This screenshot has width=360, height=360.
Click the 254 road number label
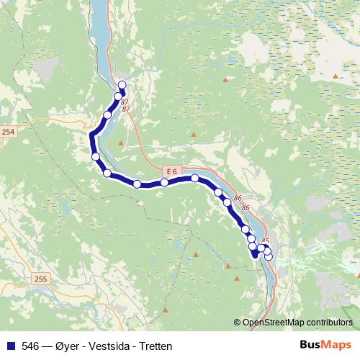pos(7,132)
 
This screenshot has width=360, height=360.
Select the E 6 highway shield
pos(170,171)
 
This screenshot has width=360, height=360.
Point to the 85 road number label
pos(265,240)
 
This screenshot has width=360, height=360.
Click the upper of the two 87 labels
pos(125,102)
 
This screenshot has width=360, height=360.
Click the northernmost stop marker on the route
pos(122,86)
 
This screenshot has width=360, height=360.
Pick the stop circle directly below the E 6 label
pos(165,182)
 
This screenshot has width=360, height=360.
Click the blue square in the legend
pos(10,345)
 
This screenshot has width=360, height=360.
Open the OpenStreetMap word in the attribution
pos(273,323)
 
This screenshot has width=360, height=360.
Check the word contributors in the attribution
pos(330,323)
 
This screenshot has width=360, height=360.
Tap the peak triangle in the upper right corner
pos(336,76)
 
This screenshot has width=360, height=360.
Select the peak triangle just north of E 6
pos(194,134)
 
